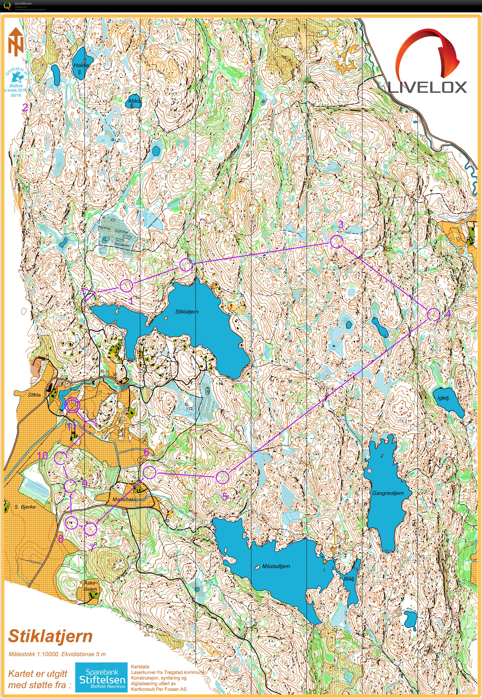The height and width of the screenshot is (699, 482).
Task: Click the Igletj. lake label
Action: tap(443, 398)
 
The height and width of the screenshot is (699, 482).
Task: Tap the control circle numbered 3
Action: tap(337, 242)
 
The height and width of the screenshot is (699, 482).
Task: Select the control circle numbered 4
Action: tap(434, 315)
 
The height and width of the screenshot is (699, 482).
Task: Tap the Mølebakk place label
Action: tap(124, 499)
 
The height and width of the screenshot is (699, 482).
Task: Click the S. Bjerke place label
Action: tap(25, 507)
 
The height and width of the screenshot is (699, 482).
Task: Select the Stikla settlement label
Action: tap(34, 395)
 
